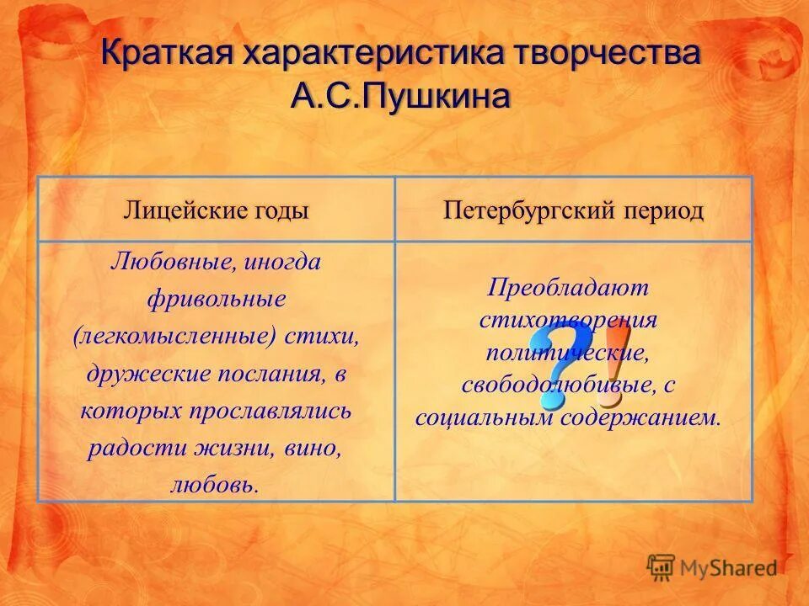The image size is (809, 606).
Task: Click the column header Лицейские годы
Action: tap(217, 210)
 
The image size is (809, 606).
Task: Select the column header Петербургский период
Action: tap(573, 210)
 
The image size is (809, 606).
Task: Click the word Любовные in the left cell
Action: tap(172, 262)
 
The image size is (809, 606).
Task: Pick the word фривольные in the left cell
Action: tap(217, 299)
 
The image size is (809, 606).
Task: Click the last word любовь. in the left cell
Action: tap(217, 486)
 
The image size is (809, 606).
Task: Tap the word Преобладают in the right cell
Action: tap(568, 288)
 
